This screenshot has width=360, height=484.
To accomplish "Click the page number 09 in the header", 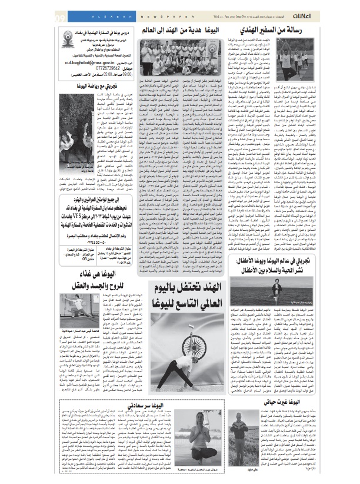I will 61,17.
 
